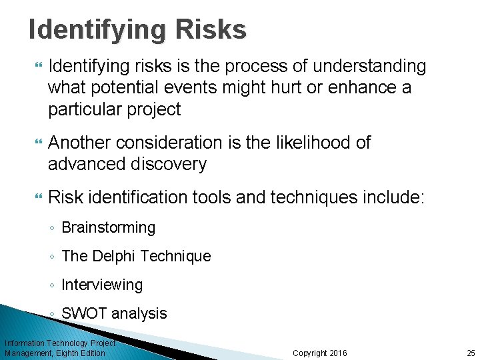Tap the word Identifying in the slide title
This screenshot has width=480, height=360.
(x=90, y=29)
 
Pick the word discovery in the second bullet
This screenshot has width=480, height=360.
(x=170, y=164)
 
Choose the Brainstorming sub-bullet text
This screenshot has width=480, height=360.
(x=108, y=227)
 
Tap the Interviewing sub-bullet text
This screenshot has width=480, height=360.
(x=102, y=285)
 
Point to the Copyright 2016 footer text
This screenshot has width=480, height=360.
(x=320, y=353)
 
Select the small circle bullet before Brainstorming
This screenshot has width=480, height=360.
(x=53, y=228)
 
